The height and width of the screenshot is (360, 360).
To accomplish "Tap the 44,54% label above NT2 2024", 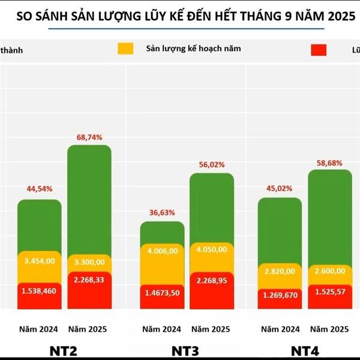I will [40, 189].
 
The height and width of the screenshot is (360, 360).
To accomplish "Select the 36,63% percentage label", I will [163, 212].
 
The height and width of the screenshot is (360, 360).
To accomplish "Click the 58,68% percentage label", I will [330, 163].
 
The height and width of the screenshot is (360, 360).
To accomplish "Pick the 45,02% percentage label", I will [280, 188].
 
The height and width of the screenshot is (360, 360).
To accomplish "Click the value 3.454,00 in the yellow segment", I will [40, 261].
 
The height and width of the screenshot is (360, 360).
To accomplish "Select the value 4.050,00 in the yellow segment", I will [212, 249].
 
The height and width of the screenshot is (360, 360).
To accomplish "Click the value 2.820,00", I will [280, 271].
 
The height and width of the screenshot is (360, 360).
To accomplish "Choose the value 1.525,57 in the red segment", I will [330, 291].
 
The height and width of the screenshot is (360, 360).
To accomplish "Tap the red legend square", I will [319, 50].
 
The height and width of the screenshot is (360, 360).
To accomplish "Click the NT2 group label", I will [64, 349].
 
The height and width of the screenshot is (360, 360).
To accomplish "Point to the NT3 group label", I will [187, 349].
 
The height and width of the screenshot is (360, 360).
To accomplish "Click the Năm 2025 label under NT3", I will [211, 329].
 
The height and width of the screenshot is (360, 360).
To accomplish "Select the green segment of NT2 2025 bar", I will [89, 198].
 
